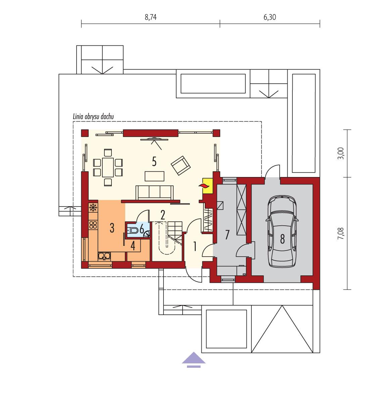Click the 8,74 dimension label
tap(151, 17)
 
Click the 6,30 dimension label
tap(270, 17)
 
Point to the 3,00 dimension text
tap(342, 153)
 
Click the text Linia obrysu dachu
tap(94, 117)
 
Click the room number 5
tap(154, 162)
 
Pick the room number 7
tap(227, 235)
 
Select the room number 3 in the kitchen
tap(112, 228)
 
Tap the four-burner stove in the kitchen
tap(93, 225)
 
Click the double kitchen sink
tap(105, 256)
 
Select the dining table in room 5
tap(107, 168)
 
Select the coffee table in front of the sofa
tap(155, 176)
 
